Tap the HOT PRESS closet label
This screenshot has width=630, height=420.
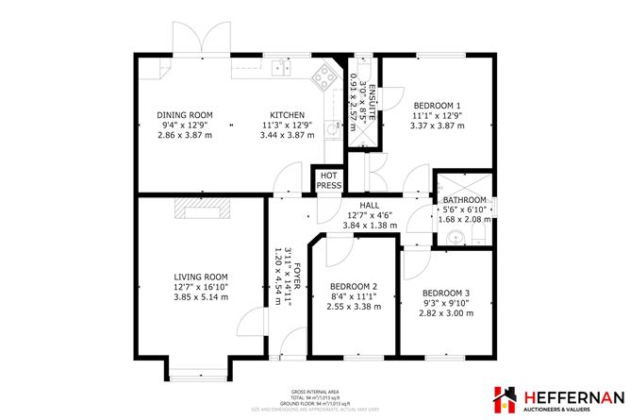[x=329, y=180]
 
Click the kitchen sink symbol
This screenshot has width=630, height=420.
[x=280, y=67]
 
